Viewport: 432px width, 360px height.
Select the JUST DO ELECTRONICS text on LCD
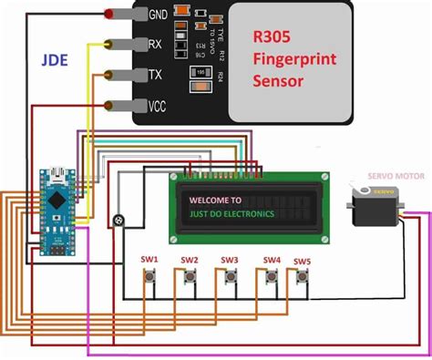click(231, 216)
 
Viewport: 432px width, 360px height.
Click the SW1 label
click(150, 259)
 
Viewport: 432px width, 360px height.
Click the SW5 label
click(301, 262)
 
